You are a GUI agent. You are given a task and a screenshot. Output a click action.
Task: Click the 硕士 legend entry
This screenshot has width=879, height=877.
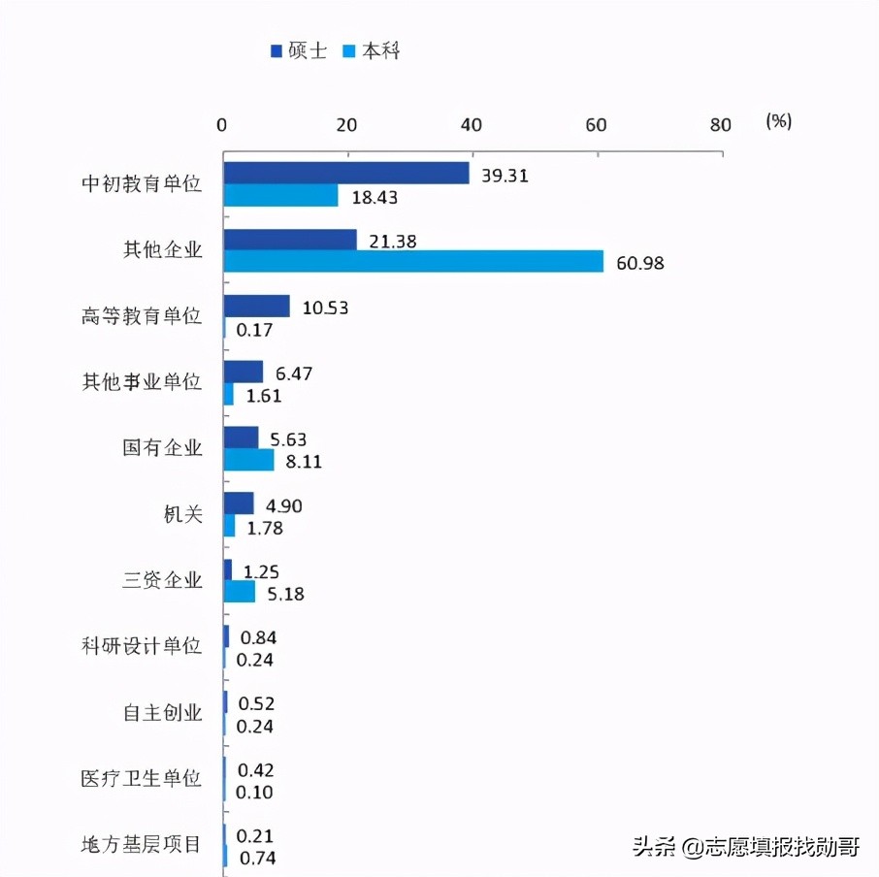click(299, 51)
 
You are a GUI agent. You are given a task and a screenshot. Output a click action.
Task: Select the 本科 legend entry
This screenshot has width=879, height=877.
click(372, 51)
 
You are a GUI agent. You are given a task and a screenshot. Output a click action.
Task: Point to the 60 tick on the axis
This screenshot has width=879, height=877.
click(596, 124)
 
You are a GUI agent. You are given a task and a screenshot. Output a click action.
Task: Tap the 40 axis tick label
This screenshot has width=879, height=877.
click(472, 124)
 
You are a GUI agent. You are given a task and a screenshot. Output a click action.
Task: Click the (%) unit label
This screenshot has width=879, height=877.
click(778, 121)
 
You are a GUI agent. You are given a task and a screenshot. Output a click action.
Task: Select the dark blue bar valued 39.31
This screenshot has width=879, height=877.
click(346, 174)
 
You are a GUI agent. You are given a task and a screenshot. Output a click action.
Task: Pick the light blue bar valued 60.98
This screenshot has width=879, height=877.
click(413, 261)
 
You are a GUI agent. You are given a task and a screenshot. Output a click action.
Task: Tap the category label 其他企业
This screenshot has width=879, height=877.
click(162, 250)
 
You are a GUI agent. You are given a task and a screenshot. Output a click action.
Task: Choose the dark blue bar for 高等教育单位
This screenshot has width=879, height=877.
click(257, 307)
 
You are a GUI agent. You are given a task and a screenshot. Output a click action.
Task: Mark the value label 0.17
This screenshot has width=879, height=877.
click(253, 330)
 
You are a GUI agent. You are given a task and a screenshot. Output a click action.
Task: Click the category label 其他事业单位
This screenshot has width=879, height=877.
click(142, 382)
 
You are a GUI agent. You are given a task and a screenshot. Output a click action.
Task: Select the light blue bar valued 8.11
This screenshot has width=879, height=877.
click(249, 461)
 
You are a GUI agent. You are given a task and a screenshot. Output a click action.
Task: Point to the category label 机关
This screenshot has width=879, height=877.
click(182, 515)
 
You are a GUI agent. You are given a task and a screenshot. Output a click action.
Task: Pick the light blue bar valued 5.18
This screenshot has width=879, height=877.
click(240, 592)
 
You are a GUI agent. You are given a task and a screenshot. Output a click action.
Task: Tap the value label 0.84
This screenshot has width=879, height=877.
click(256, 637)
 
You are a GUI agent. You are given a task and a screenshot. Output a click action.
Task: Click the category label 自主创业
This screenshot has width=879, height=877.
click(162, 713)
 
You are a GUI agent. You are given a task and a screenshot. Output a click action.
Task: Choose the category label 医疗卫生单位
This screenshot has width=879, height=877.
click(142, 779)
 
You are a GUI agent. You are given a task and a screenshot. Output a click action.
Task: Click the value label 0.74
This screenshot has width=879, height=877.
click(256, 858)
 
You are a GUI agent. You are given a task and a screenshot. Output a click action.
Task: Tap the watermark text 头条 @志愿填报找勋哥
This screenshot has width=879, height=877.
click(745, 847)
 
